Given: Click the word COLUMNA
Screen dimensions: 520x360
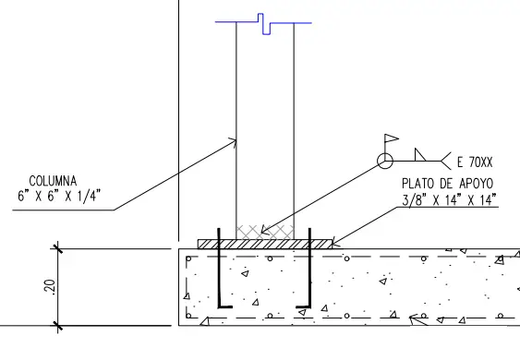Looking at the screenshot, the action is tap(54, 181).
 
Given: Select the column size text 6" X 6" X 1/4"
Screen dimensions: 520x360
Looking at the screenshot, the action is tap(58, 196).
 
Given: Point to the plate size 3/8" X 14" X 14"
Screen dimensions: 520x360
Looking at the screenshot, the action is tap(450, 199).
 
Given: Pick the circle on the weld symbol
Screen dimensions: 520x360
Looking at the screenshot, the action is tap(384, 162).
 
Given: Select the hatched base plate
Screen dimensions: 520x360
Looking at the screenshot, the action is tap(265, 244).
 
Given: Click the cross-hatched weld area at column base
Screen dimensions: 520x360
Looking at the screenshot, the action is tap(265, 231).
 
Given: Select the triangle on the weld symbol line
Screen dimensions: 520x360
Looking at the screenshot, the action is tap(420, 154).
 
